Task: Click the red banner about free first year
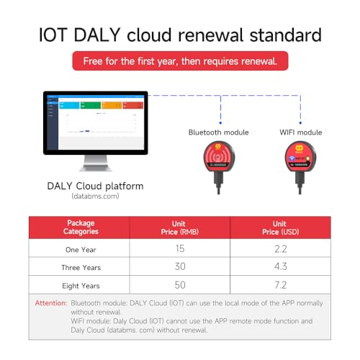(x=179, y=61)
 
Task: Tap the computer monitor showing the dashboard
(x=95, y=123)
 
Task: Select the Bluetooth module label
(x=218, y=132)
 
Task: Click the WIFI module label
(x=300, y=132)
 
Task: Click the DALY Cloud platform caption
(x=95, y=186)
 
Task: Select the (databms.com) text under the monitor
(x=95, y=196)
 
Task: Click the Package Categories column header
(x=80, y=228)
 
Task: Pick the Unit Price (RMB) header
(x=179, y=228)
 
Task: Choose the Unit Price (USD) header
(x=279, y=228)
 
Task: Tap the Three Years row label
(x=80, y=266)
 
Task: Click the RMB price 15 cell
(x=179, y=248)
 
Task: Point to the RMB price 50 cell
(x=179, y=284)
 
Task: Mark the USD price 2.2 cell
(x=279, y=248)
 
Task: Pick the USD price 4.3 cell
(x=279, y=266)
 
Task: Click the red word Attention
(x=50, y=303)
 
